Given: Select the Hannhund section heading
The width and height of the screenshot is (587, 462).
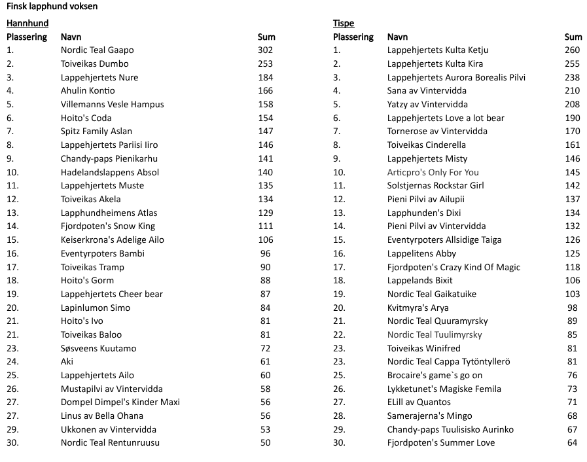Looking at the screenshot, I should coord(27,24).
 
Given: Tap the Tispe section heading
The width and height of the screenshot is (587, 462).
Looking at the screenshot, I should coord(344,24).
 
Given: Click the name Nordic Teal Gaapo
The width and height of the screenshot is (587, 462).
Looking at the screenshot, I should coord(97,50).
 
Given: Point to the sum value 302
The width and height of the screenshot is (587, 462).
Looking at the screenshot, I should coord(265,50).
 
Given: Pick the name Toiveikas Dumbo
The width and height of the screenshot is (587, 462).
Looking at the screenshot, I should coord(94,64).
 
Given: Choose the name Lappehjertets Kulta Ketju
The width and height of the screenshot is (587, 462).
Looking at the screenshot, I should coord(438,50).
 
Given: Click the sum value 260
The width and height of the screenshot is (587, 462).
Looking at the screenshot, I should coord(572,50).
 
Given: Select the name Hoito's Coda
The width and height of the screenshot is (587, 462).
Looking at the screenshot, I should coord(86,118).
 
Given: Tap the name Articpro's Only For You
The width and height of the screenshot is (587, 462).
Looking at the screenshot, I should coord(433,173).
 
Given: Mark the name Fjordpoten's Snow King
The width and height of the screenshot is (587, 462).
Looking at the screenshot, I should coord(108,226).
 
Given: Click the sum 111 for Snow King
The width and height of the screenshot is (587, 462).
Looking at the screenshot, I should coord(265,226).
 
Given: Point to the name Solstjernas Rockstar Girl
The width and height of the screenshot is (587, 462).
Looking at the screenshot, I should coord(435,186).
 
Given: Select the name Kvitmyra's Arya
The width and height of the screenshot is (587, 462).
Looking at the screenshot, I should coord(418,308).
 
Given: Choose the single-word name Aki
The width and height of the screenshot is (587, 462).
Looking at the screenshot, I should coord(67,362).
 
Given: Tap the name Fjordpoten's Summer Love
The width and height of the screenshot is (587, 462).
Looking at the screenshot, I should coord(440,443).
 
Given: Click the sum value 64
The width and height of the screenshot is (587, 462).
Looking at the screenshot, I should coord(573,443).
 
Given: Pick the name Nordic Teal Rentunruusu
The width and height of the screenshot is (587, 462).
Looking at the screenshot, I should coord(110,443).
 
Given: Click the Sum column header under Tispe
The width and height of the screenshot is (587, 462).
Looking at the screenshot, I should coord(573,37).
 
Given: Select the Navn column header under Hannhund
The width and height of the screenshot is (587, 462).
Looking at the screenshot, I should coord(71,37).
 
